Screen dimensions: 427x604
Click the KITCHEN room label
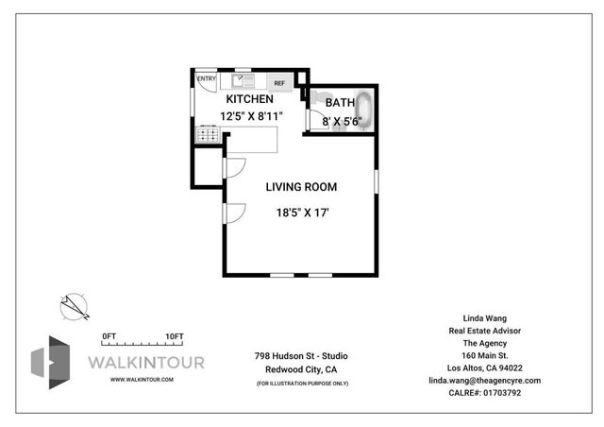249,99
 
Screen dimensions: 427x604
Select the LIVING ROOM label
300,186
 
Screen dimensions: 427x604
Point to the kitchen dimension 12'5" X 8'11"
251,116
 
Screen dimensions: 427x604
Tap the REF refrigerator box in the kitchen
279,82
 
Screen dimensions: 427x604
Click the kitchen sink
241,80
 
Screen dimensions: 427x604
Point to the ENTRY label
205,79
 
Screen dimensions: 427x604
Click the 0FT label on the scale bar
109,336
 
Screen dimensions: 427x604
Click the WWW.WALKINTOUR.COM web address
142,379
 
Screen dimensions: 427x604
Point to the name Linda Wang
484,318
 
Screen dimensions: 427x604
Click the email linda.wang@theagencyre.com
484,380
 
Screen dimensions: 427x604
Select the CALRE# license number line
484,392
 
